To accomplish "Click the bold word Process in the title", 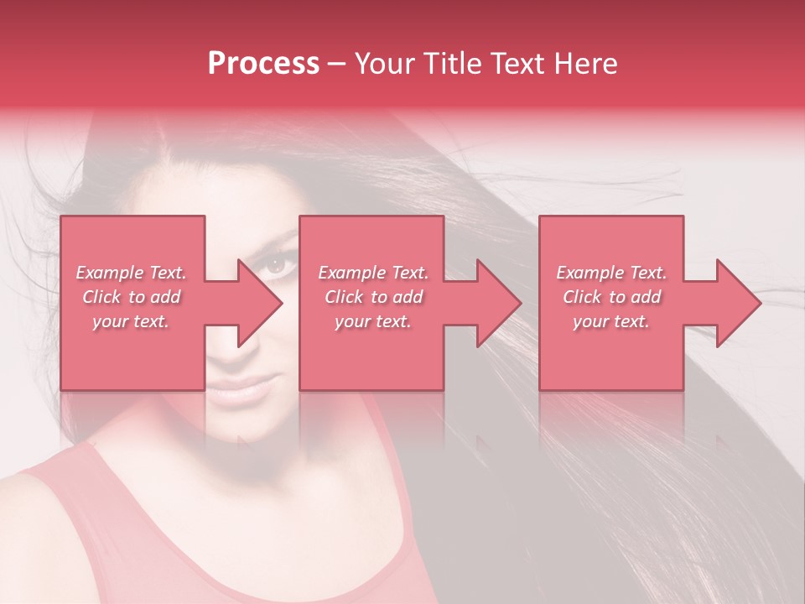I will tap(263, 64).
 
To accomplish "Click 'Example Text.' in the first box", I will tap(131, 273).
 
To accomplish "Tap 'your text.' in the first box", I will tap(131, 321).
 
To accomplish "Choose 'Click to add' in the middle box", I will tap(373, 297).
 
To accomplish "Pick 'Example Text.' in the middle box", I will tap(373, 273).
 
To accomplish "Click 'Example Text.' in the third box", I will tap(611, 273).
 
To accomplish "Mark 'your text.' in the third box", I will tap(611, 321).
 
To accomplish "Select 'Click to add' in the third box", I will tap(611, 297).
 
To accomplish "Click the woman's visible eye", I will tap(279, 265).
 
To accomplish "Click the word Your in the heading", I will tap(385, 64).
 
